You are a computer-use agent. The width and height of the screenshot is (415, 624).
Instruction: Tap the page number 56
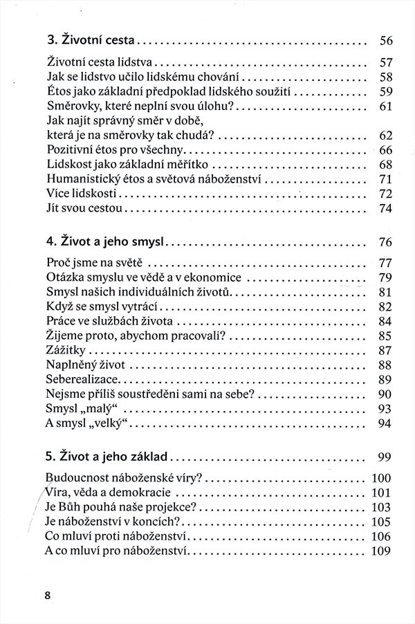tap(386, 40)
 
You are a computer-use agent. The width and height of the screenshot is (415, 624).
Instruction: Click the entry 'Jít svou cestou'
tap(84, 208)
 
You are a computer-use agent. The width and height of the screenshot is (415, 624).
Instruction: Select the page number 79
tap(386, 278)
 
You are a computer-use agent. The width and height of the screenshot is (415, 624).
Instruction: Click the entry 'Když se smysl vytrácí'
tap(100, 307)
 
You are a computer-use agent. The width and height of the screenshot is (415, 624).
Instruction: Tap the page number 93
tap(386, 409)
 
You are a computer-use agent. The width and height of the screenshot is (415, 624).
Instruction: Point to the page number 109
tap(382, 551)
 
